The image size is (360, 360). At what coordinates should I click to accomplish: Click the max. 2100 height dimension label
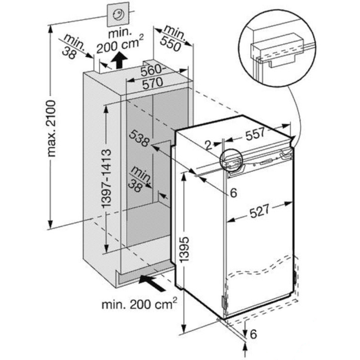51,128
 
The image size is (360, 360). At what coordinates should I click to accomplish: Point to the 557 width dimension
255,134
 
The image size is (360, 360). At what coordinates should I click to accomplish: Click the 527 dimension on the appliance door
259,211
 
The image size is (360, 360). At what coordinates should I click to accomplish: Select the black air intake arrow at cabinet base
152,283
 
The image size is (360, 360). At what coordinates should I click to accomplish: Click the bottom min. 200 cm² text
139,304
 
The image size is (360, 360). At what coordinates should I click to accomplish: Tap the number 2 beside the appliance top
208,145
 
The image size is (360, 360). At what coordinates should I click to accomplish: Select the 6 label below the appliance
253,334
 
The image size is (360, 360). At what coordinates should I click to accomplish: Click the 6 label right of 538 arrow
233,193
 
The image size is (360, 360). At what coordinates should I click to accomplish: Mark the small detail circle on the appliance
231,159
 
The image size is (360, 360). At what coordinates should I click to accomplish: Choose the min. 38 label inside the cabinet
139,179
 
